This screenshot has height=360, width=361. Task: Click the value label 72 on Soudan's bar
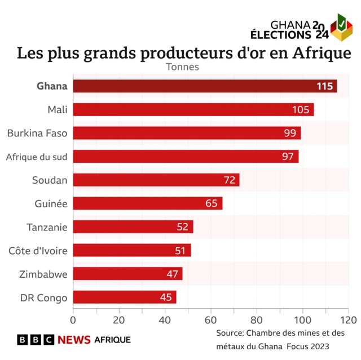pos(230,180)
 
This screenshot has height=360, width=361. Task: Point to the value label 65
pos(212,203)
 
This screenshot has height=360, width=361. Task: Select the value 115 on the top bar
pos(325,86)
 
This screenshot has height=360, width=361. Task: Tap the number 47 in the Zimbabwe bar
pos(172,274)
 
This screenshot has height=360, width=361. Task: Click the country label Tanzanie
pos(47,227)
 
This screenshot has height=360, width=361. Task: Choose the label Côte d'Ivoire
pos(38,251)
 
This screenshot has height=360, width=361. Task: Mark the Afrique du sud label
pos(37,156)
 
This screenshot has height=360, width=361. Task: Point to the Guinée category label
pos(51,203)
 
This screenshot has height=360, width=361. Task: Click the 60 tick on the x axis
pos(211,319)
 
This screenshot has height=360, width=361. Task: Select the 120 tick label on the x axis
pos(349,319)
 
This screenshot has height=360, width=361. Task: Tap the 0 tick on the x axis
pos(73,319)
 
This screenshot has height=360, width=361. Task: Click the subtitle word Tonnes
pos(182,66)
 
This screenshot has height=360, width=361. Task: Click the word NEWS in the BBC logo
pos(74,340)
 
